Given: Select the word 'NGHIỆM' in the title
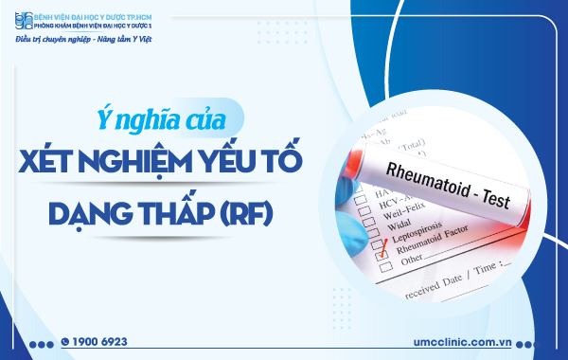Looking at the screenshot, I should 143,162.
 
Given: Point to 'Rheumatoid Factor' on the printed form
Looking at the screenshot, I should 439,247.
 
